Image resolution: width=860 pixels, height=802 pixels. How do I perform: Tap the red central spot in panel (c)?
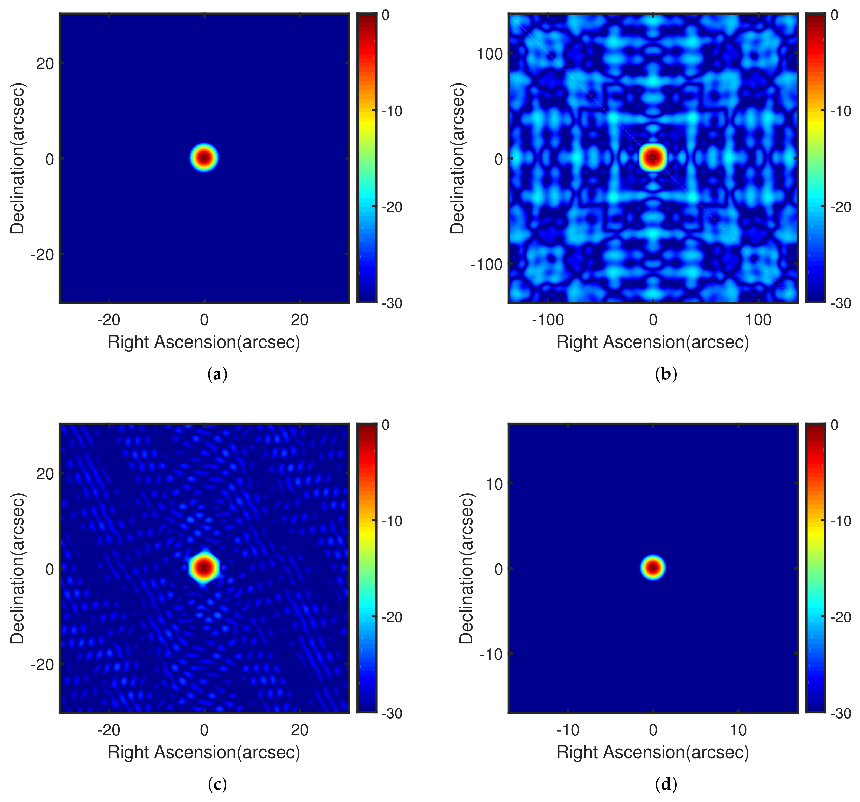pos(204,567)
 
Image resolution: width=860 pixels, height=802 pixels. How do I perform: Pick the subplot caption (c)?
pos(217,784)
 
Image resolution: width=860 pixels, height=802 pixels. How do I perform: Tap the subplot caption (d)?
pos(666,784)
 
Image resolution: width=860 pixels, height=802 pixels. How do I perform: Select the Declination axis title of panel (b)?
pos(457,159)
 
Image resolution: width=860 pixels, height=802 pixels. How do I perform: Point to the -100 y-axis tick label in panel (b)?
pos(487,264)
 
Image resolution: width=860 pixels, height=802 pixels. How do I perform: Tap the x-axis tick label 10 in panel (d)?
pos(738,730)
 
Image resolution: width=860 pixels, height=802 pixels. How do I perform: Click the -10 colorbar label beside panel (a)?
pos(392,111)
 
